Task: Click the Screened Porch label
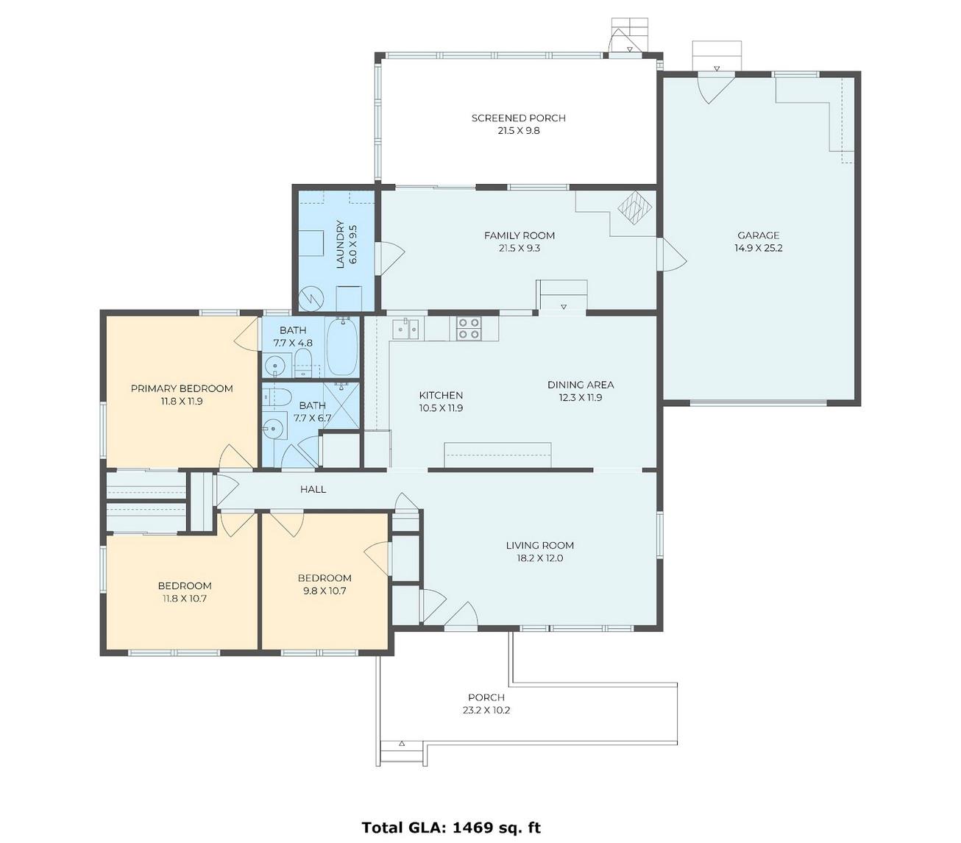pyautogui.click(x=519, y=118)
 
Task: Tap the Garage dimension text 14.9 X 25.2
pyautogui.click(x=758, y=248)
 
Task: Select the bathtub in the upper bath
pyautogui.click(x=342, y=347)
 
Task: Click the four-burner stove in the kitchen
pyautogui.click(x=469, y=328)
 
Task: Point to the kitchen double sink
pyautogui.click(x=405, y=329)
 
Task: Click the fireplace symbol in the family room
pyautogui.click(x=635, y=207)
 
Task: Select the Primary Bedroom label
pyautogui.click(x=182, y=389)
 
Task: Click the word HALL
pyautogui.click(x=313, y=489)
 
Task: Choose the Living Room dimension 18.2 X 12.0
pyautogui.click(x=540, y=558)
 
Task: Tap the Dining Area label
pyautogui.click(x=581, y=385)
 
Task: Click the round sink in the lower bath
pyautogui.click(x=274, y=428)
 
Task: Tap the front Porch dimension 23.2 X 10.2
pyautogui.click(x=486, y=711)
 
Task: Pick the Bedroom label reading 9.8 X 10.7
pyautogui.click(x=325, y=585)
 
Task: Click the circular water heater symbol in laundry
pyautogui.click(x=310, y=298)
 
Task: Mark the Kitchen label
pyautogui.click(x=441, y=396)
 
